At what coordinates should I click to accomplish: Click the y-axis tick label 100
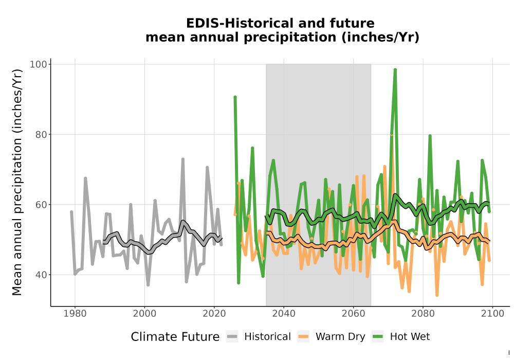[x=39, y=64]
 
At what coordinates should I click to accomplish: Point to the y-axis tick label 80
[x=41, y=134]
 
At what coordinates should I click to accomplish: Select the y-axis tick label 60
[x=41, y=205]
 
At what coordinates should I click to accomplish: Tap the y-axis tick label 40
[x=41, y=275]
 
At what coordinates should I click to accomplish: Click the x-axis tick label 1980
[x=75, y=314]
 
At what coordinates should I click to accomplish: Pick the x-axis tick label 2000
[x=144, y=314]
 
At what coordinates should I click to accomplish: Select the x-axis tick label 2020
[x=214, y=314]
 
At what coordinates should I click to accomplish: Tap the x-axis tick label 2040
[x=284, y=314]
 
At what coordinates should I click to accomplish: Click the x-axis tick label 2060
[x=354, y=314]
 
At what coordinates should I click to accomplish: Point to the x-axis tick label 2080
[x=423, y=314]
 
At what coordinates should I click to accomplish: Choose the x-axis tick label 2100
[x=492, y=314]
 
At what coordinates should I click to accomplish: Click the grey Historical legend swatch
[x=232, y=337]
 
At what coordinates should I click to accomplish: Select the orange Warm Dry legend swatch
[x=303, y=337]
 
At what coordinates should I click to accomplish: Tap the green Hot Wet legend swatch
[x=378, y=337]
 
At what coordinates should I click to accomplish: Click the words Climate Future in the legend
[x=175, y=337]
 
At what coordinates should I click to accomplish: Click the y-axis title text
[x=16, y=182]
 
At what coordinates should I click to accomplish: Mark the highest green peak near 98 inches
[x=395, y=70]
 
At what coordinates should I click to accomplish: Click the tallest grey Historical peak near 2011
[x=183, y=159]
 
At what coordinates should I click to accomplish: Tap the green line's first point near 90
[x=235, y=97]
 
